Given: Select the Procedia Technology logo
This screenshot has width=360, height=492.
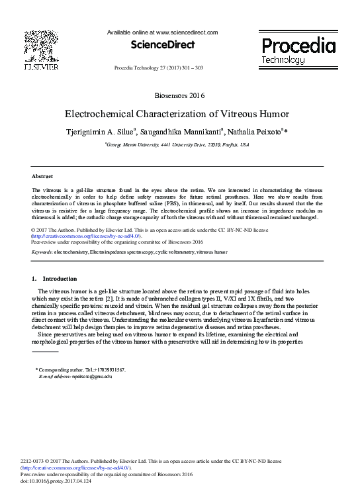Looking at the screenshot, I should (298, 51).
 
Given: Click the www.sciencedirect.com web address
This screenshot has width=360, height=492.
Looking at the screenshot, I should (185, 32).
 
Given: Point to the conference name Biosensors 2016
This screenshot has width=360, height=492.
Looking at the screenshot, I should (179, 96).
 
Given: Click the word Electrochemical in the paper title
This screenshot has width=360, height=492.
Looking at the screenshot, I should (99, 113).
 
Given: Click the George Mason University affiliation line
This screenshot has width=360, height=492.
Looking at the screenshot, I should (177, 144).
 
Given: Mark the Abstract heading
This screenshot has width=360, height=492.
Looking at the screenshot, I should (42, 176).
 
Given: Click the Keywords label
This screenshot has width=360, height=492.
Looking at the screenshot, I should (42, 252).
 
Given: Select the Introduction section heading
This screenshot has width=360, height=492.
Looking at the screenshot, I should (60, 279).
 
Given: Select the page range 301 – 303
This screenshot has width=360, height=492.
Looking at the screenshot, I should (189, 68).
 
